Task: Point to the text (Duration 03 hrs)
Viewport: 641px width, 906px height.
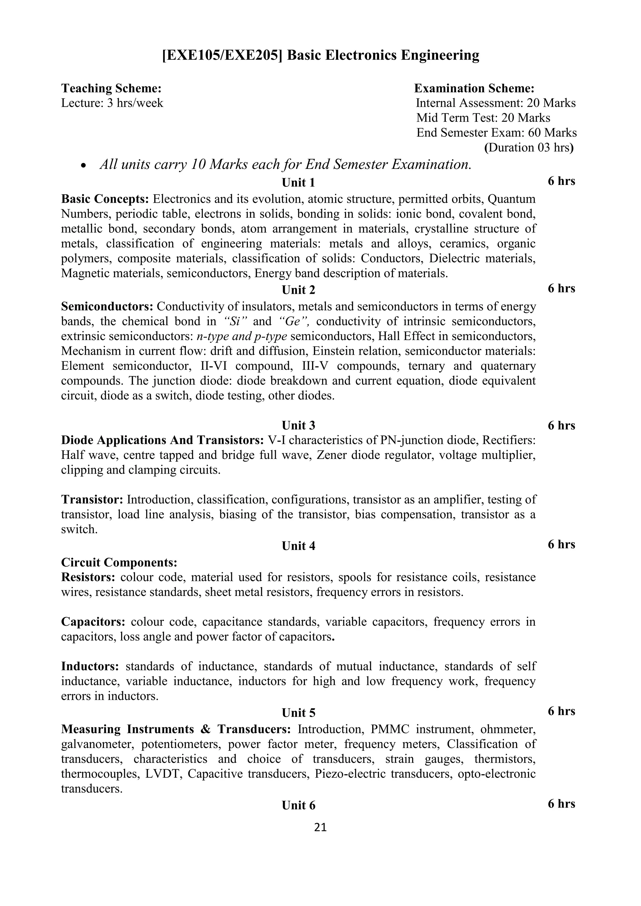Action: (x=529, y=148)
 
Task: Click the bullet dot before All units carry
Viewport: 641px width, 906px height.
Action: (x=83, y=166)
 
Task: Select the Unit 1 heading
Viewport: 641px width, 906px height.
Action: (x=298, y=183)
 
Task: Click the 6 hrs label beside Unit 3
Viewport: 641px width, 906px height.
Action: (x=561, y=425)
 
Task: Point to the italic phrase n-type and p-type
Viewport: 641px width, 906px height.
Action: (x=242, y=336)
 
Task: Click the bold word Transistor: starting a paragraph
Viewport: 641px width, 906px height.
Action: (x=92, y=500)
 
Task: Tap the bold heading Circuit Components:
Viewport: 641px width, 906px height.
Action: (x=119, y=562)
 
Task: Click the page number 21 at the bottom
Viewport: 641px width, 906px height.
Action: (x=320, y=827)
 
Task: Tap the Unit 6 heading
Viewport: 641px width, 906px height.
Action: (x=298, y=805)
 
